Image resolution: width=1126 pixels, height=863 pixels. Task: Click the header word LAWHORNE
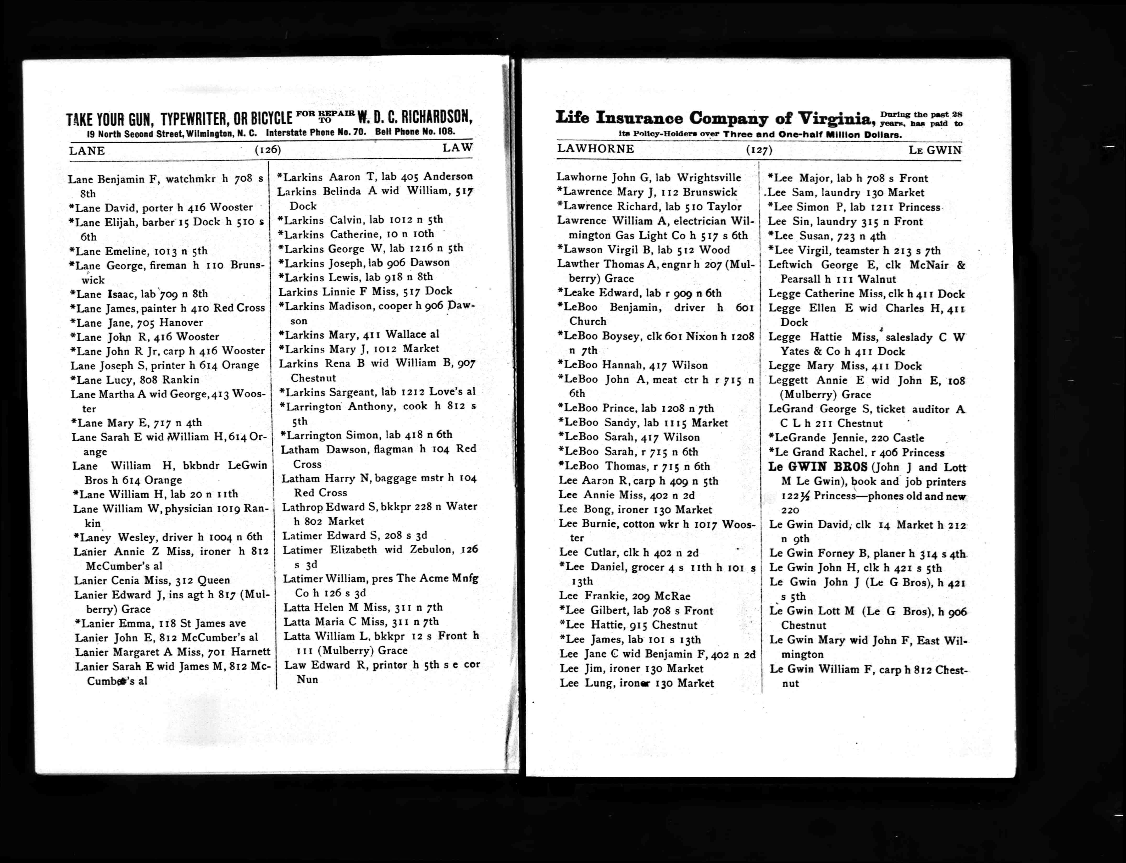(x=595, y=149)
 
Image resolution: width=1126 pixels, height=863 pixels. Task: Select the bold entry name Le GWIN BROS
(x=817, y=467)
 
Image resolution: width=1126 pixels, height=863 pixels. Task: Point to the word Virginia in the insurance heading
(x=835, y=119)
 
